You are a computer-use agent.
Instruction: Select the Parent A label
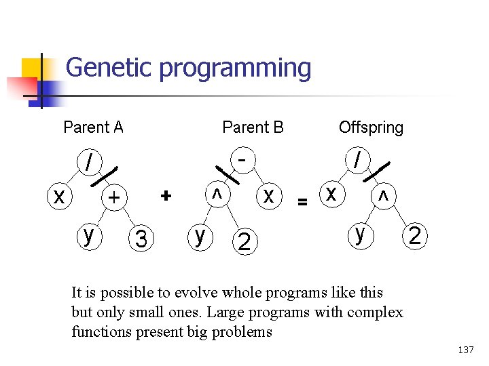tap(93, 127)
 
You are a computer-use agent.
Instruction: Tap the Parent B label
tap(253, 127)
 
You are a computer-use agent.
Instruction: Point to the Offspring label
tap(371, 127)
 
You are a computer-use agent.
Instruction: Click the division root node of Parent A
tap(87, 163)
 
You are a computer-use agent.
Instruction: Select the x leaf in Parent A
tap(60, 197)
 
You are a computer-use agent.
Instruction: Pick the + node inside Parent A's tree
tap(115, 197)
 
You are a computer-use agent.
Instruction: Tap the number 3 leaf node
tap(141, 239)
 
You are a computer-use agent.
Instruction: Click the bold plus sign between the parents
tap(165, 195)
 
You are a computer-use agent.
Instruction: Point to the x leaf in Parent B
tap(269, 196)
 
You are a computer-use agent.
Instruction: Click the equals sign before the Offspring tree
tap(303, 201)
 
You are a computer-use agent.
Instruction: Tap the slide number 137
tap(466, 350)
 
